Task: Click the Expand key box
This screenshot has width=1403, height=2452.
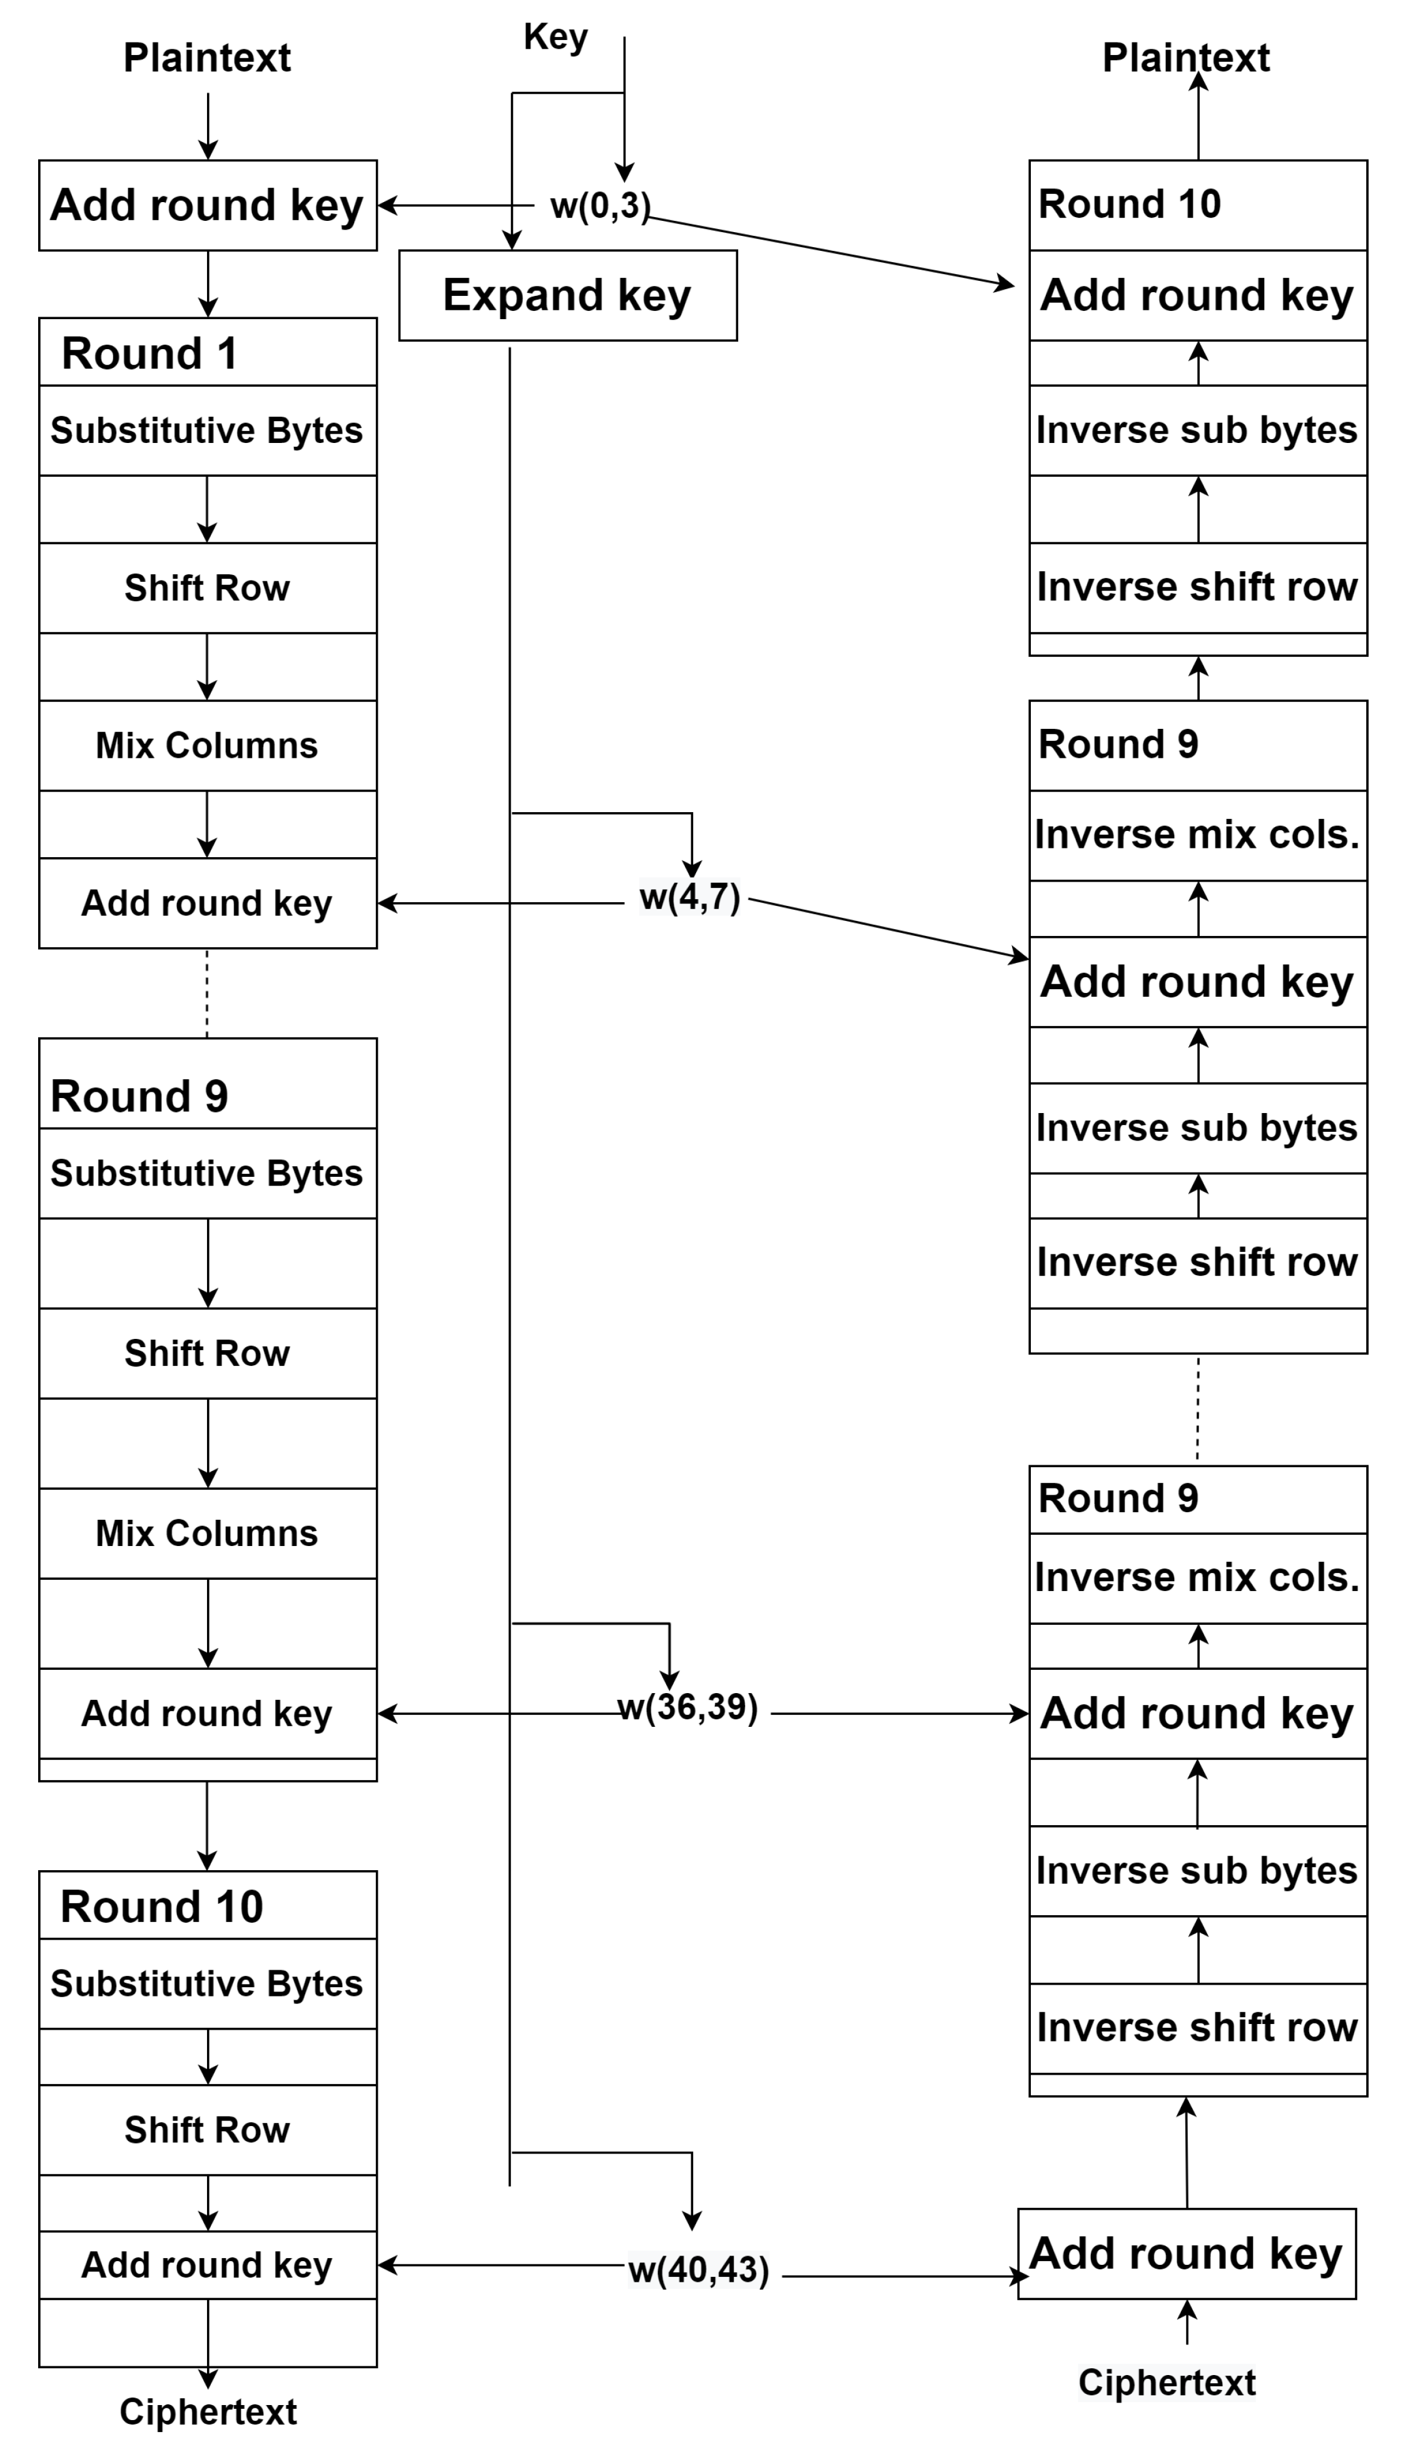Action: click(567, 295)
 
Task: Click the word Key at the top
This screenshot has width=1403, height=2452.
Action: click(555, 38)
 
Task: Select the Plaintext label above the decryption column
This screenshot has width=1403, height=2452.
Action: click(1185, 58)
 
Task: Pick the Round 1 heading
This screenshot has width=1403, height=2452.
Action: click(149, 353)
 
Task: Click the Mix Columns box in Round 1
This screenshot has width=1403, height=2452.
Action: click(207, 745)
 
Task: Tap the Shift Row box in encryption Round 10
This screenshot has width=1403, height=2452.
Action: click(207, 2129)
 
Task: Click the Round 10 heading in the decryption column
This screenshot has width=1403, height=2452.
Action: click(1129, 205)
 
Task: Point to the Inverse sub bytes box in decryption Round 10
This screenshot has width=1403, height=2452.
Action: click(1197, 430)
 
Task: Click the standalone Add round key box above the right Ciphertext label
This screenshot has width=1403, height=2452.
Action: click(1186, 2254)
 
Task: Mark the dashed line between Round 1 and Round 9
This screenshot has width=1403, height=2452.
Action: click(207, 993)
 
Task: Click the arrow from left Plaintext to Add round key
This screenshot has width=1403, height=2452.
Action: click(208, 125)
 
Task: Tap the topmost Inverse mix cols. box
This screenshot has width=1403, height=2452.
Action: click(1197, 835)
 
